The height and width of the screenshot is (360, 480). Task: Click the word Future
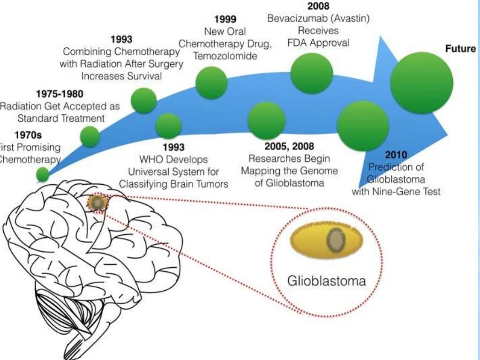point(460,49)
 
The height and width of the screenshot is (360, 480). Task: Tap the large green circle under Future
point(422,82)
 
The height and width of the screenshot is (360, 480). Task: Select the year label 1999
point(225,20)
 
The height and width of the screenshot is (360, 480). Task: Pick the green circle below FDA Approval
point(312,73)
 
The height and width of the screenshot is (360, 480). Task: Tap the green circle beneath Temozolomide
point(211,82)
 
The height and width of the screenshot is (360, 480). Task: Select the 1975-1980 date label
point(60,94)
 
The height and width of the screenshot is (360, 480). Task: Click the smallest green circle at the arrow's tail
point(43,174)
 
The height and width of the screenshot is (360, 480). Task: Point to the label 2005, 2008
point(289,146)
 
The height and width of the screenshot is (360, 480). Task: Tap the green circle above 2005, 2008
point(266,120)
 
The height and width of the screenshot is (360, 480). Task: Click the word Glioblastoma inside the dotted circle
point(326,281)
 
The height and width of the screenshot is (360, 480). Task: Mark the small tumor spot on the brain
point(97,203)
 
